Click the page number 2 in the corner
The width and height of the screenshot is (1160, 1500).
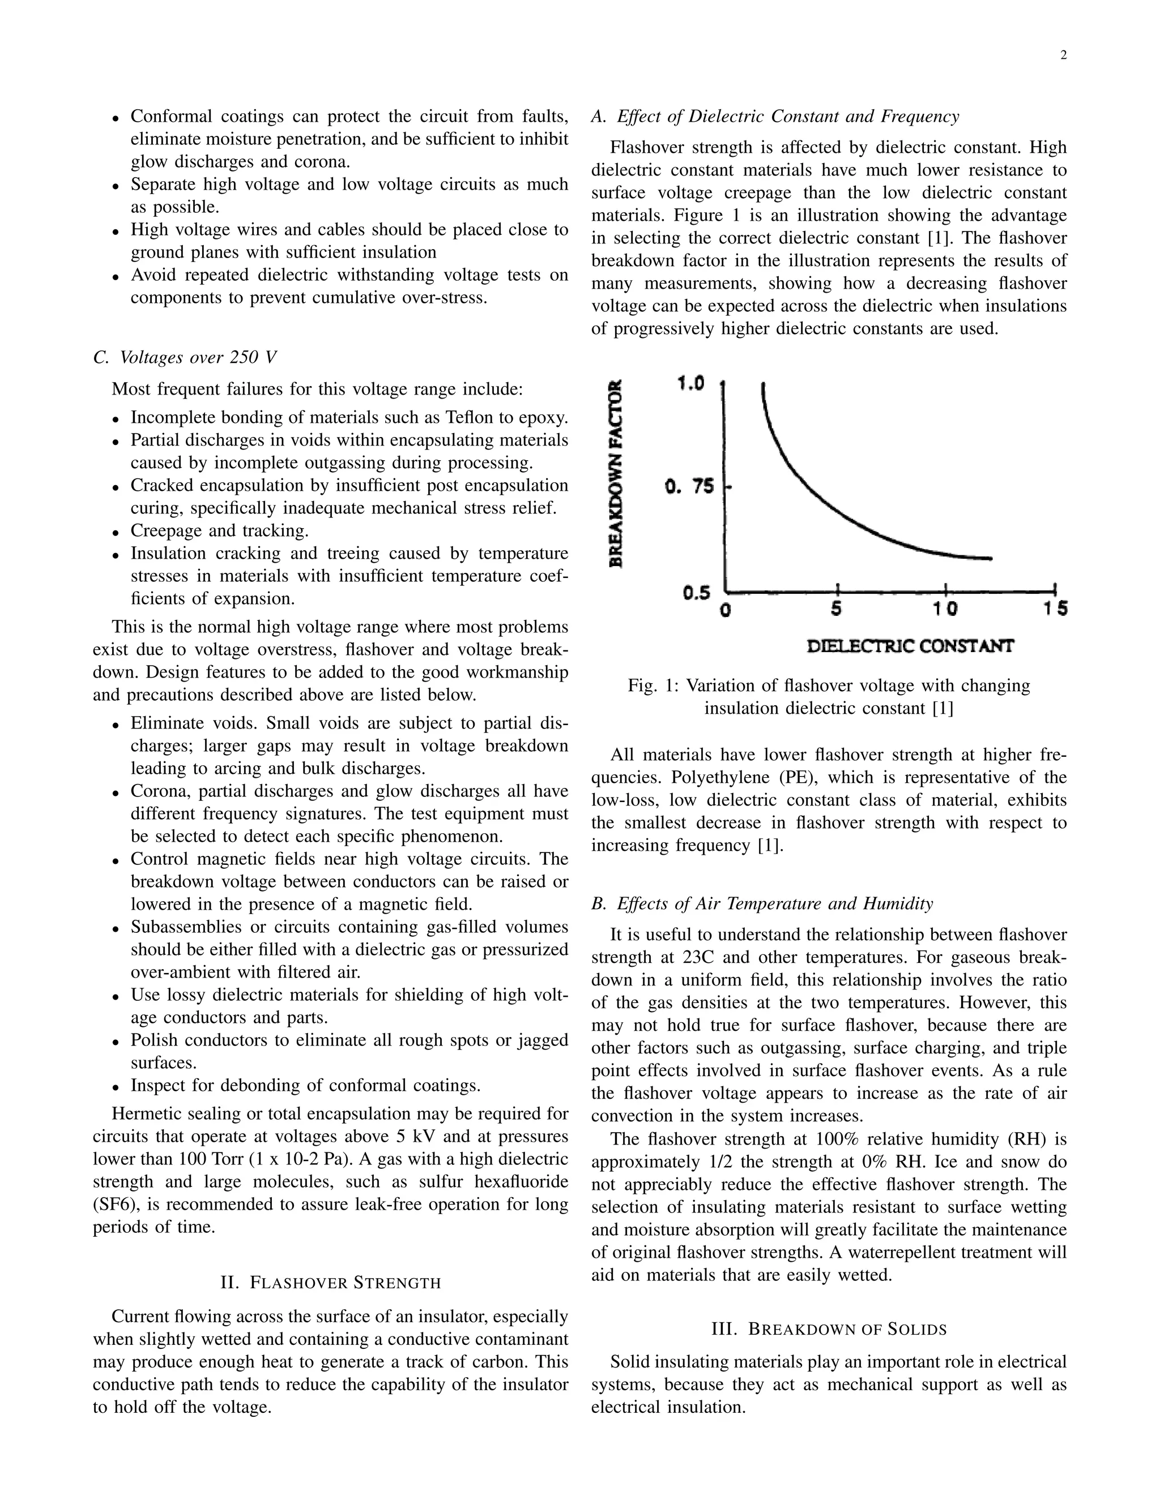pos(1063,56)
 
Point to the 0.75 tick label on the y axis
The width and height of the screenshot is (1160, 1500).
pos(689,487)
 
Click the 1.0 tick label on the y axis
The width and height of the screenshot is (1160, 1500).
pos(690,383)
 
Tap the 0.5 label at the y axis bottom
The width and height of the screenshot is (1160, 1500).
pos(696,593)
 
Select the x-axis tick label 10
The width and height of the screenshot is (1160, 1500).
pos(945,608)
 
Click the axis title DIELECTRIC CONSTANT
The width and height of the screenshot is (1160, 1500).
pos(910,646)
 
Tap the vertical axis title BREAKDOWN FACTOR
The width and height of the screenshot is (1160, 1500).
pos(617,474)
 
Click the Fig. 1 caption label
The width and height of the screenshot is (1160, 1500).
pos(653,685)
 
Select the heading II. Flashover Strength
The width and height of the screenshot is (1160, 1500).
pos(331,1282)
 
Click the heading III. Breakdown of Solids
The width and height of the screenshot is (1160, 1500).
pos(829,1329)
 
